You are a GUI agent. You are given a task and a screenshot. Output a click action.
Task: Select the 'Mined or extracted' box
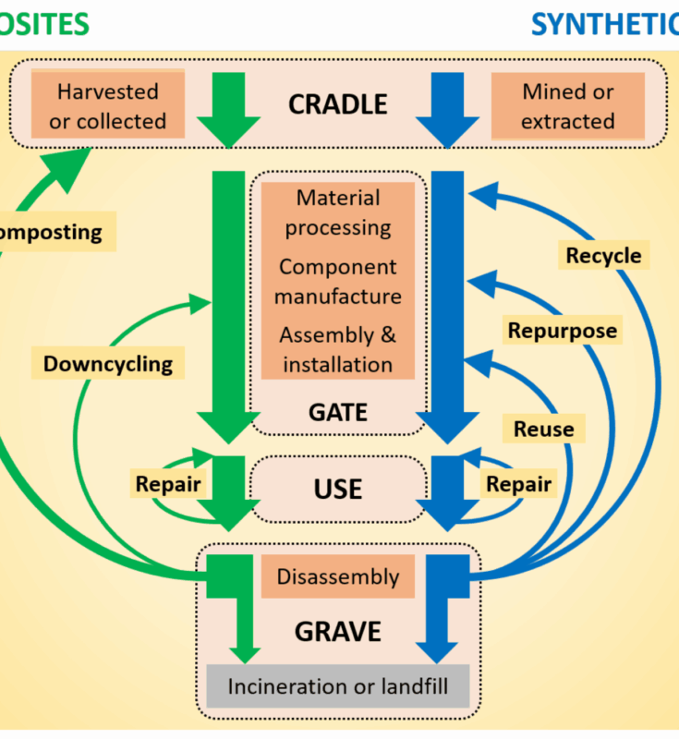click(x=567, y=106)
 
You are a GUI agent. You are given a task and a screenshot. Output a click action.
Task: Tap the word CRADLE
click(x=338, y=104)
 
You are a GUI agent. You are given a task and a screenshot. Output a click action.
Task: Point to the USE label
click(x=338, y=488)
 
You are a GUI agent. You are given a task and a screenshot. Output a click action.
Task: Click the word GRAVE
click(x=338, y=632)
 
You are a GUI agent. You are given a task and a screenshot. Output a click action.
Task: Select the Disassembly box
click(x=338, y=577)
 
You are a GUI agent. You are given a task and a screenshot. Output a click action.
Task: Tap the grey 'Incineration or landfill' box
click(x=338, y=686)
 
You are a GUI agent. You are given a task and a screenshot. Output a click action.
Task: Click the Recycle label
click(x=603, y=255)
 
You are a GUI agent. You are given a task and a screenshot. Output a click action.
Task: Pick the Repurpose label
click(x=562, y=330)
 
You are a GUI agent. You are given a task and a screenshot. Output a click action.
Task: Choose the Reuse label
click(x=543, y=429)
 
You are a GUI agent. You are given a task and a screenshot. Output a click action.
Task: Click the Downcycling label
click(x=108, y=363)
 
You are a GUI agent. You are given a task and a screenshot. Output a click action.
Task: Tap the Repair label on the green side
click(x=168, y=483)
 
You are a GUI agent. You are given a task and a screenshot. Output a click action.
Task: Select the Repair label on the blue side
click(x=518, y=483)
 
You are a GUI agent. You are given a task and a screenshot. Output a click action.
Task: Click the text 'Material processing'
click(x=338, y=212)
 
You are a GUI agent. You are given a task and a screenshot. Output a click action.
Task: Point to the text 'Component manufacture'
click(x=338, y=282)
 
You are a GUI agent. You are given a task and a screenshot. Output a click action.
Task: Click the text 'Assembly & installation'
click(x=338, y=350)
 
